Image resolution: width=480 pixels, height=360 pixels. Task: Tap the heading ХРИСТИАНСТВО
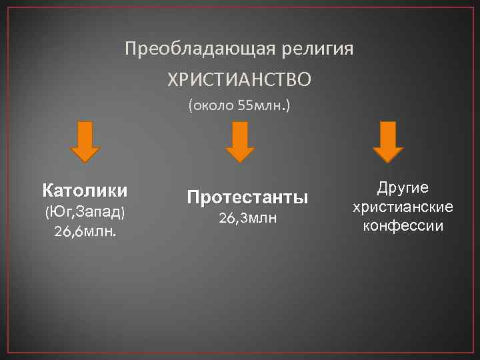tap(239, 81)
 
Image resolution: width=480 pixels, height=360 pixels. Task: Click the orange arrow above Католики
tap(85, 141)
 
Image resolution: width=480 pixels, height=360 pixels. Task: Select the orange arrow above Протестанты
tap(240, 141)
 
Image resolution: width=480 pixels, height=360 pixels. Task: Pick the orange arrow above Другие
tap(387, 141)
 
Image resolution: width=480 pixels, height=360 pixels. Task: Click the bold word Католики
tap(85, 191)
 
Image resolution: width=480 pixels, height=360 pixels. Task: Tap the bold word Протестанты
tap(247, 197)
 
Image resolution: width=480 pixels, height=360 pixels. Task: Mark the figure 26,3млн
tap(247, 218)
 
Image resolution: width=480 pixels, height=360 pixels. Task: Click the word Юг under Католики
tap(59, 213)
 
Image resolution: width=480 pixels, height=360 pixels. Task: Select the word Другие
tap(403, 188)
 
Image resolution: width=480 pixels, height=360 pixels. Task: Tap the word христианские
tap(403, 207)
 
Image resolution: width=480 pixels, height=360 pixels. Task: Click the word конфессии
tap(403, 226)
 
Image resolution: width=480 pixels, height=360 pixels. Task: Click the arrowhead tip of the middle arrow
tap(240, 161)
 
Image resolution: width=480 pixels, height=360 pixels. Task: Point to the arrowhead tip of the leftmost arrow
tap(85, 161)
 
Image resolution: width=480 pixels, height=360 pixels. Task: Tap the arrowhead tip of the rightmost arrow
tap(387, 161)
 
